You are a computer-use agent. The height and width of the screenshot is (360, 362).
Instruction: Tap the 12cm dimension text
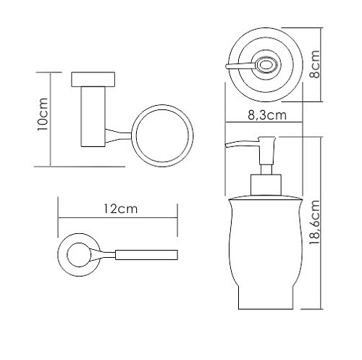[120, 209]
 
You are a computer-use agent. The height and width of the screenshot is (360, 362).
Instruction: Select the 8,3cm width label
[267, 115]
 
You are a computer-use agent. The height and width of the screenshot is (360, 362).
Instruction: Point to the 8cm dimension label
[315, 64]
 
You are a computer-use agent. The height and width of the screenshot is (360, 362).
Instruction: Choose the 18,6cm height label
[315, 222]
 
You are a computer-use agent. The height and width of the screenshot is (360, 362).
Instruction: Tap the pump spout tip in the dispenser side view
[227, 146]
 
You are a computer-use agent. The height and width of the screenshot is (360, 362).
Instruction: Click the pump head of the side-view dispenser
[266, 151]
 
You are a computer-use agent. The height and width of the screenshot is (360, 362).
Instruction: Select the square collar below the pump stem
[266, 185]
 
